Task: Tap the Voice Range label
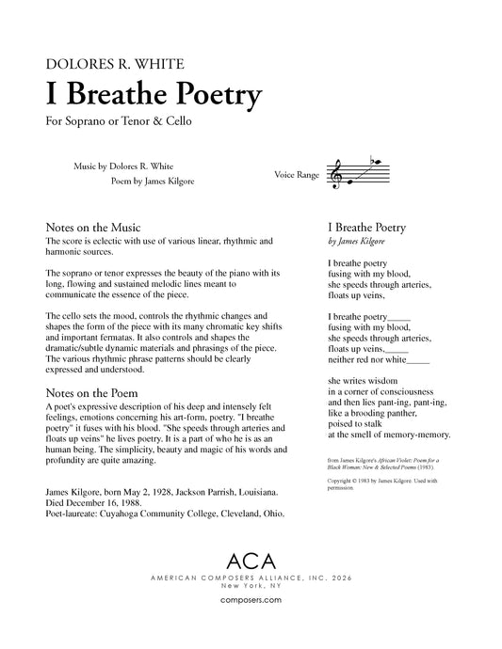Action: [x=296, y=175]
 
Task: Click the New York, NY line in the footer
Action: [x=251, y=585]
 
